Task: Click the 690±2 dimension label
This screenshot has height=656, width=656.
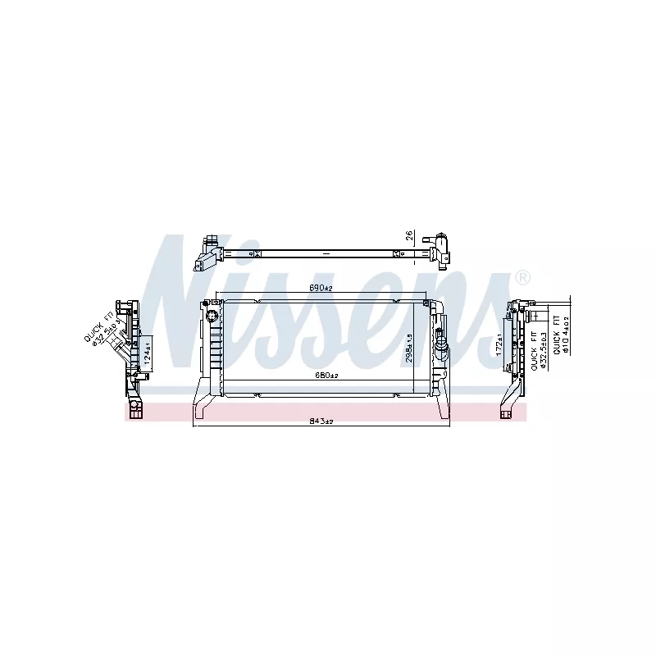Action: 320,288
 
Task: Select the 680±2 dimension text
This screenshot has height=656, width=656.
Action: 320,376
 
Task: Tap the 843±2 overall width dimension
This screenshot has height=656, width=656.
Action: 320,421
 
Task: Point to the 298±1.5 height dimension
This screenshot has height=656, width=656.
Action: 409,348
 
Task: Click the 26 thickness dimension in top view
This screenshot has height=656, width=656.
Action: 409,237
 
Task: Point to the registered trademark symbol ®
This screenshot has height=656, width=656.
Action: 522,279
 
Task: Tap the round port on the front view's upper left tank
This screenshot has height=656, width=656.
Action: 211,315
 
